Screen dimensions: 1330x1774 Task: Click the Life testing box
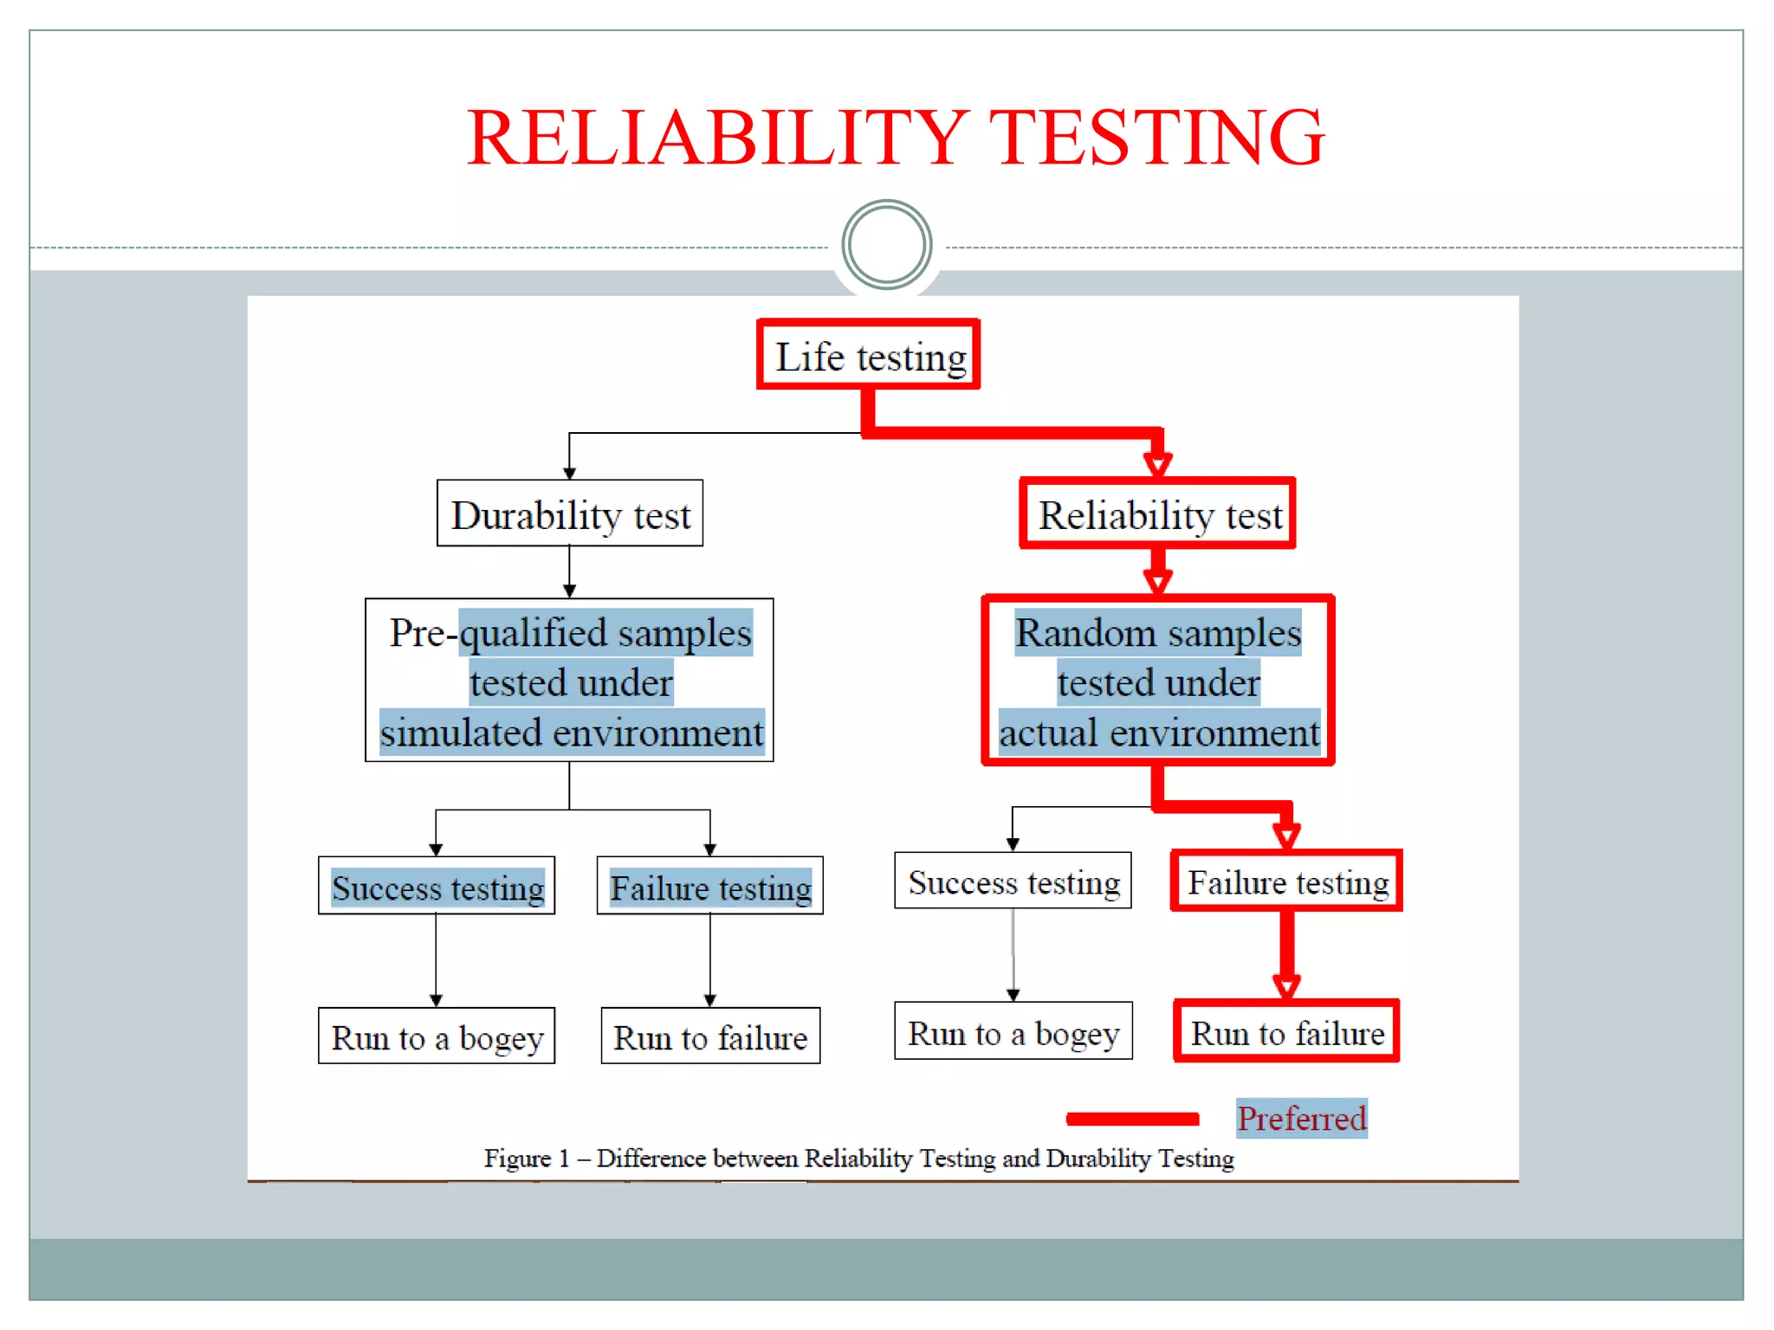(x=869, y=355)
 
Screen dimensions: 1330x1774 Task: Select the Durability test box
(x=570, y=514)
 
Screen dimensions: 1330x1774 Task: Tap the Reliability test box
(x=1158, y=514)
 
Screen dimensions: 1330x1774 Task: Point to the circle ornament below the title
(x=886, y=245)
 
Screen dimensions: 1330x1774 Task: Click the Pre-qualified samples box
(x=569, y=681)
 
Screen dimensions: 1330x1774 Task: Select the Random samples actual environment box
(x=1158, y=681)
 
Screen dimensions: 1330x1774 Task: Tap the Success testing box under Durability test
(x=437, y=887)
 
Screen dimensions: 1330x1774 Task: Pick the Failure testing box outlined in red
(x=1286, y=881)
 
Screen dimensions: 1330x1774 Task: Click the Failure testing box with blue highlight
(x=709, y=887)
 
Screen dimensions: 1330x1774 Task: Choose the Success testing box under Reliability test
(x=1013, y=881)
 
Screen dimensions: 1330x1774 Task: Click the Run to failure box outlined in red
(x=1286, y=1032)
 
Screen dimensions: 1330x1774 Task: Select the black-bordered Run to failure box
(x=709, y=1036)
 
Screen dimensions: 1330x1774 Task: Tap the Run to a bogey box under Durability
(x=437, y=1036)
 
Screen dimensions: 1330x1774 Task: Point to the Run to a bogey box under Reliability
(x=1013, y=1032)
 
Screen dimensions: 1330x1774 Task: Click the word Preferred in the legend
(x=1301, y=1118)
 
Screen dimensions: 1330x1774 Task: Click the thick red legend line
(x=1133, y=1119)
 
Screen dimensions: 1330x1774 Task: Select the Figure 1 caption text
(x=858, y=1159)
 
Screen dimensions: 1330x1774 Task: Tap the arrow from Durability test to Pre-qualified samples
(x=569, y=571)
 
